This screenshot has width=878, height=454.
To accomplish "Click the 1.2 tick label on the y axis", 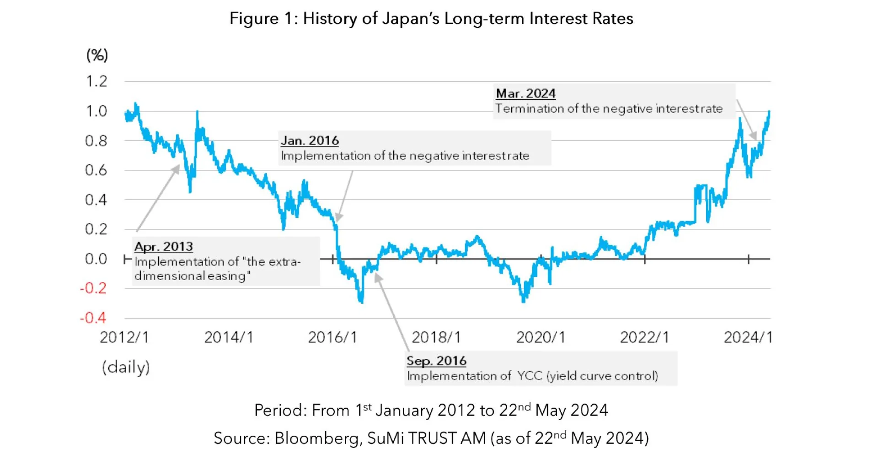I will pos(96,81).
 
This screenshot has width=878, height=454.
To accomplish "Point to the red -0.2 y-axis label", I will pos(93,288).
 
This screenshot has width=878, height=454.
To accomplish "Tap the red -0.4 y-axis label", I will pos(93,318).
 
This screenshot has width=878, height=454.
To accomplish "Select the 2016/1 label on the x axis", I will pos(332,337).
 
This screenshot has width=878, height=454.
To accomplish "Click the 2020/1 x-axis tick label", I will pos(541,337).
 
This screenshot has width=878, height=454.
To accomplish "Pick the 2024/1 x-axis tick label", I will pos(748,337).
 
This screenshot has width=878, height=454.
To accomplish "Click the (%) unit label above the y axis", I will pos(97,55).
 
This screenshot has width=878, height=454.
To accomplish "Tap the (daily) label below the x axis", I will pos(126,367).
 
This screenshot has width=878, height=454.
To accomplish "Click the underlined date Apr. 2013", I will pos(163,247).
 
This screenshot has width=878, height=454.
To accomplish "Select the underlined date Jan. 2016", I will pos(310,141).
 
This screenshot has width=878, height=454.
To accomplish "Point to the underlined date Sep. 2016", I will pos(436,361).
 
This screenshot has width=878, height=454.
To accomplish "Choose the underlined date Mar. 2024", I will pos(525,93).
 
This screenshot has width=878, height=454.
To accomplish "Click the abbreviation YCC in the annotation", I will pos(530,376).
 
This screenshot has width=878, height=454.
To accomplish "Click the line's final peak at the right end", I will pos(769,112).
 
